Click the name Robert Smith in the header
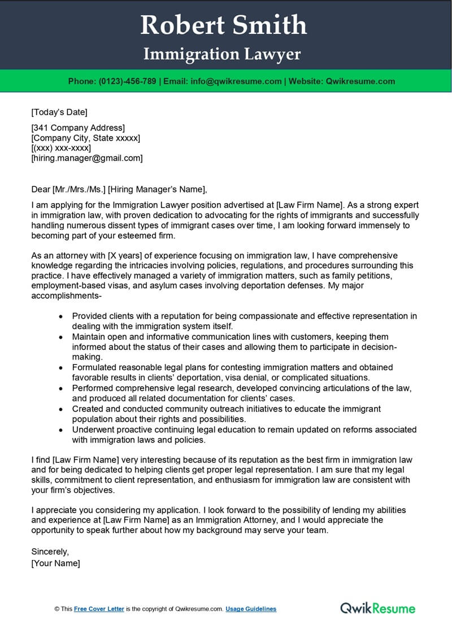(x=223, y=25)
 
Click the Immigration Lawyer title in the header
(x=222, y=54)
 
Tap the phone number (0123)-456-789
(x=128, y=81)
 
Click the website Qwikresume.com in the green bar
(x=360, y=81)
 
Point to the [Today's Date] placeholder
(x=59, y=112)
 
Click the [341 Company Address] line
(x=78, y=128)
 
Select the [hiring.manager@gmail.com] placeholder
(x=87, y=159)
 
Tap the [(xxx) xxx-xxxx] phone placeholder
(x=61, y=148)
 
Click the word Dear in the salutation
(x=41, y=189)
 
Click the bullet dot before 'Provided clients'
(x=61, y=317)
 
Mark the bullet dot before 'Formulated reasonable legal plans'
(x=61, y=367)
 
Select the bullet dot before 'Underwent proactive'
(x=61, y=430)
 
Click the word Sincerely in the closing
(x=50, y=552)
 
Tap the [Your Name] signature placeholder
(x=55, y=563)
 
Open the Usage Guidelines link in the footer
(x=251, y=609)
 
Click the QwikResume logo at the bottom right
(x=377, y=608)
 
